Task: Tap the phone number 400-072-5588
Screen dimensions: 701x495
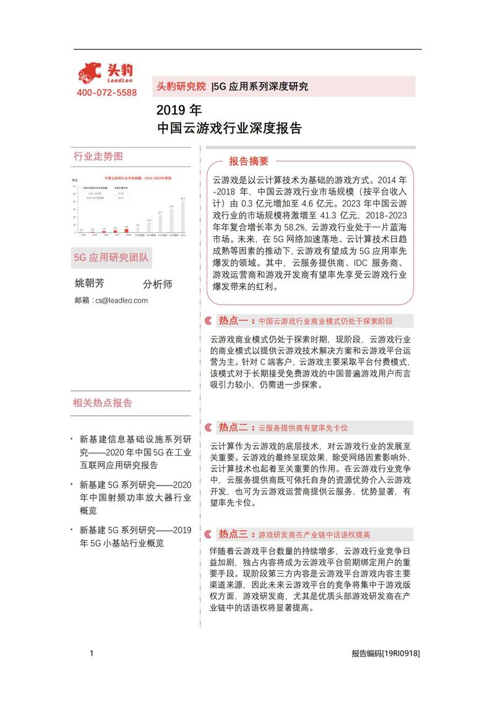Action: pos(107,93)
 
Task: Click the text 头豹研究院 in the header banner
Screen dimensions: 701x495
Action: pos(181,86)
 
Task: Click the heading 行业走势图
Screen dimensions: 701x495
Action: pos(98,155)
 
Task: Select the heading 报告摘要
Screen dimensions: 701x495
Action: pos(249,162)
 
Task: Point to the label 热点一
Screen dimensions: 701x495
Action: pos(233,321)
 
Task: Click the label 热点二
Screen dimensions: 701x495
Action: pos(233,427)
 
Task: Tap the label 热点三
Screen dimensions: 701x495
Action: pos(233,534)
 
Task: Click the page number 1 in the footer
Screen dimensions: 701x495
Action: pos(92,653)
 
